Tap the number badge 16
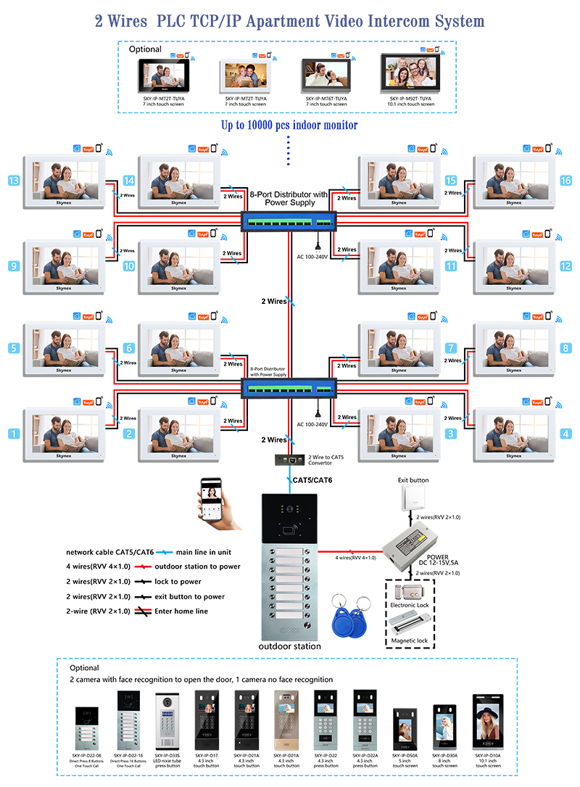(565, 180)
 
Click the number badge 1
(13, 434)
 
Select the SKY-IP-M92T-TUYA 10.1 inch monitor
(410, 75)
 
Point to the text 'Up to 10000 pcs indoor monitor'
(289, 125)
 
